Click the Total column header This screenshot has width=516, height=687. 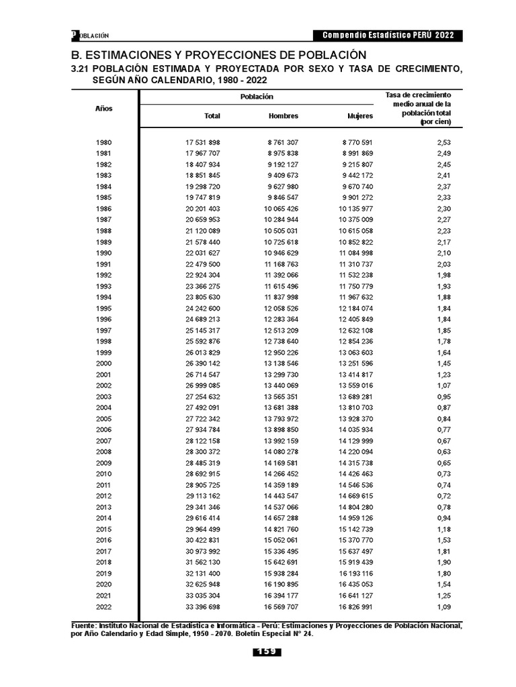[x=212, y=116]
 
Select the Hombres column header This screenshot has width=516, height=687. [x=284, y=116]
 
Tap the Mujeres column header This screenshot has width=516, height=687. [x=359, y=116]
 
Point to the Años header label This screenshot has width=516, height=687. [x=104, y=108]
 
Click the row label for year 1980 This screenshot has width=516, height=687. [x=104, y=143]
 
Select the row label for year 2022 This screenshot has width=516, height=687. [x=104, y=606]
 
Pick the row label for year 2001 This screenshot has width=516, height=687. [x=104, y=374]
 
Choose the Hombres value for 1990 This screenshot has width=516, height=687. [x=281, y=253]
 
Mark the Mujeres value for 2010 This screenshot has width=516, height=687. [x=355, y=474]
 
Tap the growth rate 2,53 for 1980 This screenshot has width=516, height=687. [x=443, y=143]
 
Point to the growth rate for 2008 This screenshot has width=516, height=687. [x=443, y=452]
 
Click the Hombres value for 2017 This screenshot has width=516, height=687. [x=281, y=551]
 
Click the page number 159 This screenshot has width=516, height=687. [x=267, y=652]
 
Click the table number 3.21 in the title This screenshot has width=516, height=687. [x=80, y=69]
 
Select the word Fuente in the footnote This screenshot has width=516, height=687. [x=85, y=625]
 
